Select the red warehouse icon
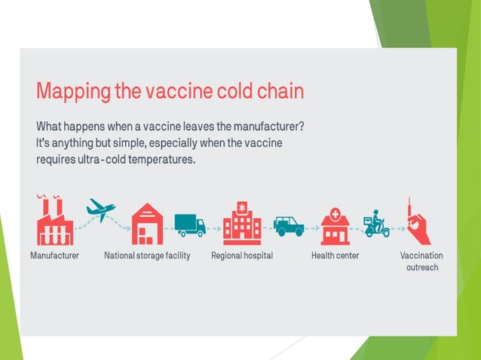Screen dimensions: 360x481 [x=147, y=224]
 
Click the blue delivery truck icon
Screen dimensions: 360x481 [x=189, y=224]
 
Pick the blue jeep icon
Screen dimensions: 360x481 [x=289, y=225]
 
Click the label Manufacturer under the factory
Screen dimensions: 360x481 [x=54, y=256]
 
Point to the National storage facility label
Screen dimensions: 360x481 [x=147, y=256]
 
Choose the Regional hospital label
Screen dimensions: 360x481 [x=242, y=256]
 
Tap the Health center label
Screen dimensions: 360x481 [x=335, y=256]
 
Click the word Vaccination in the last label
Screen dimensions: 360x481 [x=421, y=256]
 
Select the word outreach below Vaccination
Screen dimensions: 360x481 [x=421, y=267]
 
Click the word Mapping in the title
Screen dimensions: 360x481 [x=72, y=93]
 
